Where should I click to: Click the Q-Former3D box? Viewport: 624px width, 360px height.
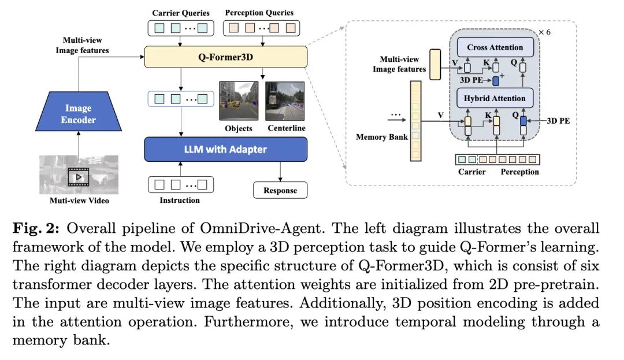(x=225, y=57)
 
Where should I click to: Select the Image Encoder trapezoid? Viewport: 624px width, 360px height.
(x=77, y=114)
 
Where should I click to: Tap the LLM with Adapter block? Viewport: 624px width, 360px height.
(x=225, y=149)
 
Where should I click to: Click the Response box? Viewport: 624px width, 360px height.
(x=280, y=190)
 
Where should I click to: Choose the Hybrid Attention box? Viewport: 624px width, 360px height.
(x=495, y=98)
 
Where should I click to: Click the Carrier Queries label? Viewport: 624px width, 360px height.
(x=181, y=13)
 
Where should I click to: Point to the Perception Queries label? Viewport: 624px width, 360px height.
(x=259, y=13)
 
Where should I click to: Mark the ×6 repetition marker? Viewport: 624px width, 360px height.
(x=544, y=32)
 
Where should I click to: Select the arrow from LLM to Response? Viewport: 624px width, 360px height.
(x=280, y=171)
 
